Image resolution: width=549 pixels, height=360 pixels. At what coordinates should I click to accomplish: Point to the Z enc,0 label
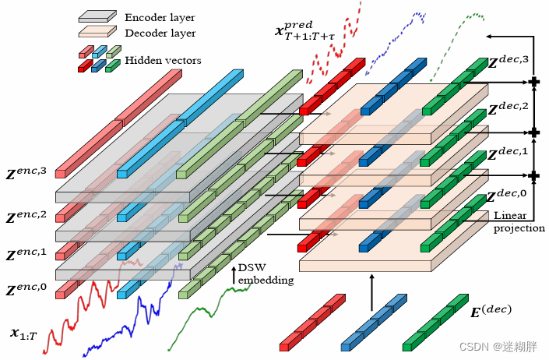click(x=27, y=291)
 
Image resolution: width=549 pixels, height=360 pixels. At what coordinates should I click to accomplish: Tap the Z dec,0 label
click(x=507, y=198)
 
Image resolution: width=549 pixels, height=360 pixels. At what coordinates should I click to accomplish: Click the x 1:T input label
click(x=26, y=334)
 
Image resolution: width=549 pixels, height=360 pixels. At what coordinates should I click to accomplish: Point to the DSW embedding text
click(x=265, y=274)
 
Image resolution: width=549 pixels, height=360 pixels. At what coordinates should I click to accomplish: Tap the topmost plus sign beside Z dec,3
click(x=534, y=82)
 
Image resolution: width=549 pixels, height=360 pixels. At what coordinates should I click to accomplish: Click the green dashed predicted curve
click(x=452, y=39)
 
